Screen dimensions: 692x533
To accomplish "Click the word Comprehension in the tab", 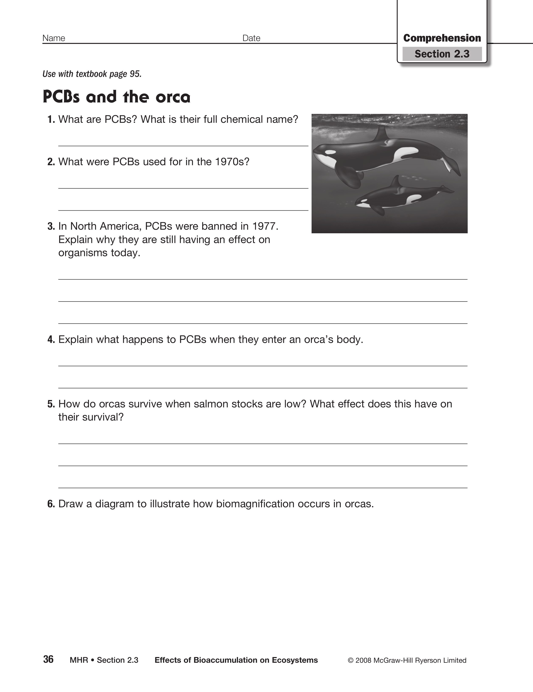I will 442,38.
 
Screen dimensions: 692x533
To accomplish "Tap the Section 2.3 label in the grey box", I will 442,54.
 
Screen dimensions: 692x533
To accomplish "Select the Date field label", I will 251,38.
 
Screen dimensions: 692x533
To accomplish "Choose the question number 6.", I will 51,504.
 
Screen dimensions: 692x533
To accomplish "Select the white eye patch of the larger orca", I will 330,152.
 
